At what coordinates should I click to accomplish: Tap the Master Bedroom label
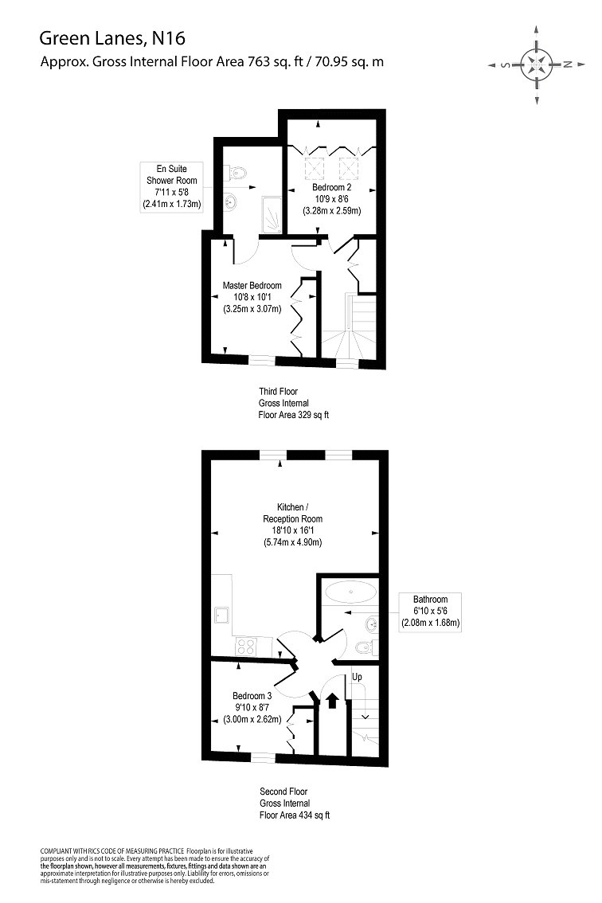pyautogui.click(x=252, y=286)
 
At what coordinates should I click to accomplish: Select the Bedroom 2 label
pyautogui.click(x=330, y=188)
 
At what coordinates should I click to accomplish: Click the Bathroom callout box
pyautogui.click(x=430, y=611)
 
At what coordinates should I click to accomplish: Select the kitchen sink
pyautogui.click(x=222, y=614)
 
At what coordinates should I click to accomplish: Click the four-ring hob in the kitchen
pyautogui.click(x=244, y=647)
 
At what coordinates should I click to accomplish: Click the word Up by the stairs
pyautogui.click(x=358, y=677)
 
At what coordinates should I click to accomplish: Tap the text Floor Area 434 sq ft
pyautogui.click(x=294, y=815)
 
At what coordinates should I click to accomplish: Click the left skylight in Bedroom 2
pyautogui.click(x=309, y=168)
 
